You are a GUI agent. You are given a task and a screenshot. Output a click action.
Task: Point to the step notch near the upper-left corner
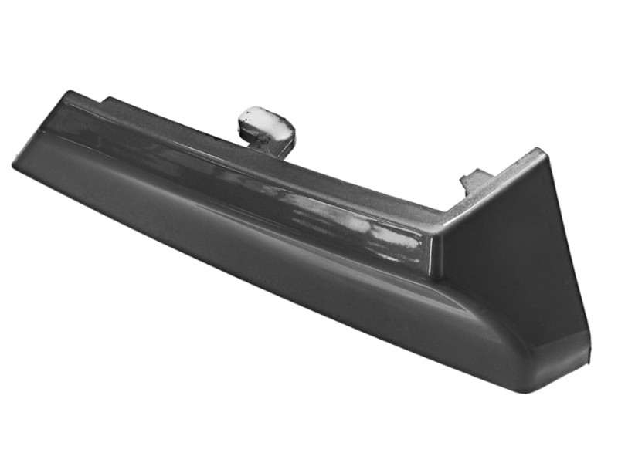pos(106,100)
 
